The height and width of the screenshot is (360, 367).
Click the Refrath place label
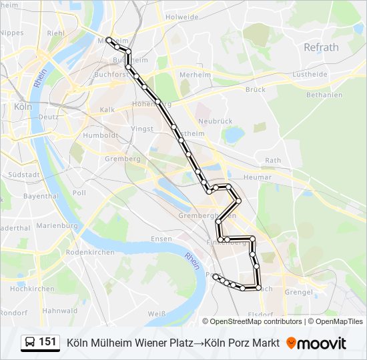click(321, 47)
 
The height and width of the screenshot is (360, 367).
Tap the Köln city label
click(23, 106)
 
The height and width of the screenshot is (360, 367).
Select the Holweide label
click(182, 17)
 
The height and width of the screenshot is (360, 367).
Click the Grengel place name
click(298, 291)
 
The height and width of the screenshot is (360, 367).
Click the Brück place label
click(255, 89)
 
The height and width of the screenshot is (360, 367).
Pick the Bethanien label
click(324, 95)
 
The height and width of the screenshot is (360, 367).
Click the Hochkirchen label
click(32, 289)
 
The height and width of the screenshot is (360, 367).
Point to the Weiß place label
click(156, 313)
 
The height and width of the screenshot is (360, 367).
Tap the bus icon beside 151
click(30, 343)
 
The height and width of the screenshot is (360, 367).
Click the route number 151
click(47, 342)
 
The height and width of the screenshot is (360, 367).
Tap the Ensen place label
click(161, 239)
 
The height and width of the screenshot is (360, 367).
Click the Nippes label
click(12, 32)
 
